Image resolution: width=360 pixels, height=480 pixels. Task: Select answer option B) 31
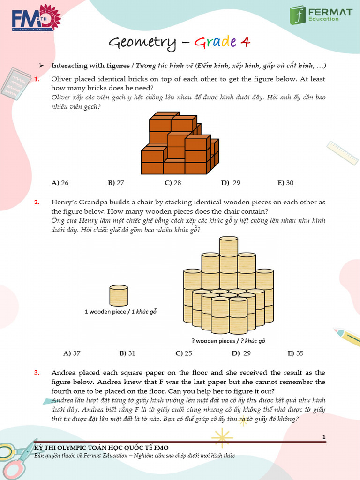(x=127, y=353)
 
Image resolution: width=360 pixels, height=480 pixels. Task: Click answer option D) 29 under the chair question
(x=241, y=353)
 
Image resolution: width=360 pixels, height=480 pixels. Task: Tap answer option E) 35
(x=296, y=353)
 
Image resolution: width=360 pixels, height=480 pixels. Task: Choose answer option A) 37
(x=72, y=353)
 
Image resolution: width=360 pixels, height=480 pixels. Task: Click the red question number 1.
(x=37, y=79)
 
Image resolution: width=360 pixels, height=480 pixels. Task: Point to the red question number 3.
(x=37, y=373)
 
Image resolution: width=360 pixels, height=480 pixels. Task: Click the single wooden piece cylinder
(x=119, y=296)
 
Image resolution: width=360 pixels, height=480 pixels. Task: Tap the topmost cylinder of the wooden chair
(x=229, y=246)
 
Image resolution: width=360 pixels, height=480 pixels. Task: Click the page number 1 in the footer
(x=324, y=437)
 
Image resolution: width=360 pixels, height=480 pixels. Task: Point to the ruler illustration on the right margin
(x=343, y=152)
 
